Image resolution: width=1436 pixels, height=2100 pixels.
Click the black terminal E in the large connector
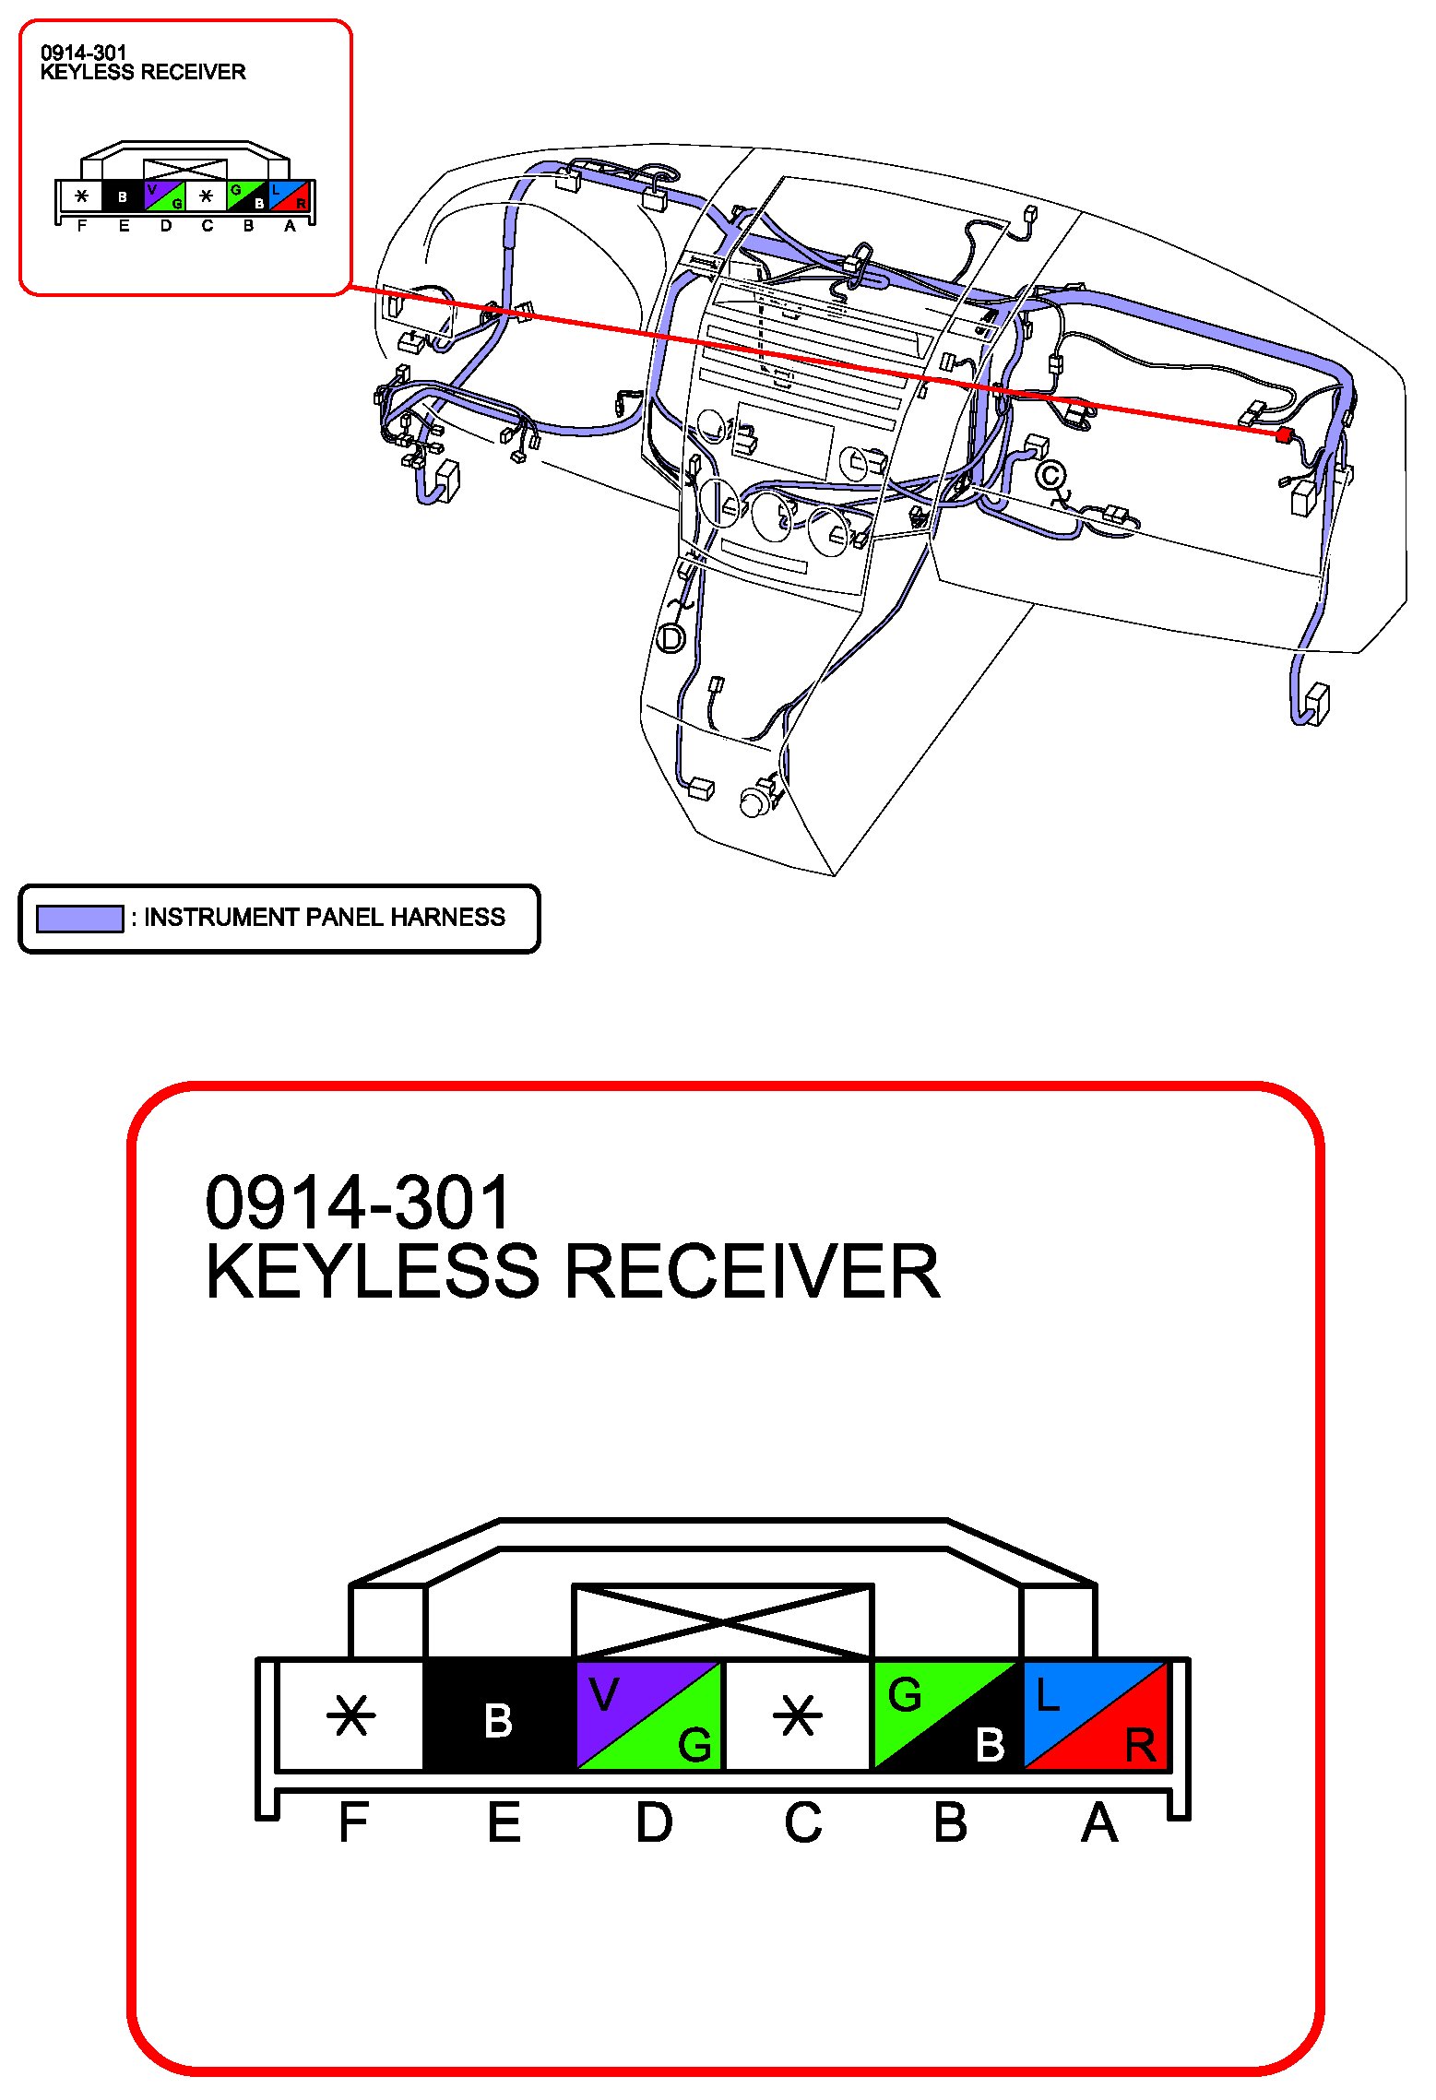click(499, 1715)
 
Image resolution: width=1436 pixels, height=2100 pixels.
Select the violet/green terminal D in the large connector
click(648, 1715)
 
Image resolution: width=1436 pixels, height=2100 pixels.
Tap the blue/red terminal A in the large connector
click(1096, 1715)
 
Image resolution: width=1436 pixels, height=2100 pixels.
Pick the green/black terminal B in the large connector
click(947, 1715)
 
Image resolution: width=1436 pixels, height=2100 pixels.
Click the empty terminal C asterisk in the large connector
click(797, 1716)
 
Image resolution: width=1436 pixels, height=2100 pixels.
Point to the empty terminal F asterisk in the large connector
click(351, 1716)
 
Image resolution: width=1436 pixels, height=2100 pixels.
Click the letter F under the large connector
click(353, 1822)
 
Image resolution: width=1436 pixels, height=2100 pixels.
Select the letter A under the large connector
click(1099, 1822)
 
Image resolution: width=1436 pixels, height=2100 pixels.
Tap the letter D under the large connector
click(654, 1822)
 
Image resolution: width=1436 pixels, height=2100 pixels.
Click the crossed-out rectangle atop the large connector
click(723, 1621)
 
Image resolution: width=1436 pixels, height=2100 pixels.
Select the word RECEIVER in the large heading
click(753, 1272)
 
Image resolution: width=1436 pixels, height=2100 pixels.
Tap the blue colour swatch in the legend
click(79, 918)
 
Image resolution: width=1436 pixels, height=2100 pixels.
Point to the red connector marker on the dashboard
click(1282, 433)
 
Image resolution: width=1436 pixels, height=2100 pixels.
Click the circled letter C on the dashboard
click(1050, 476)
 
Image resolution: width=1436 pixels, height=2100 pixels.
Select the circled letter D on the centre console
click(671, 638)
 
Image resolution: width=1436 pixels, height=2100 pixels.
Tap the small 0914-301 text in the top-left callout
click(83, 53)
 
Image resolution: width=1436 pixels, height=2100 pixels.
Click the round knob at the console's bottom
click(755, 801)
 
